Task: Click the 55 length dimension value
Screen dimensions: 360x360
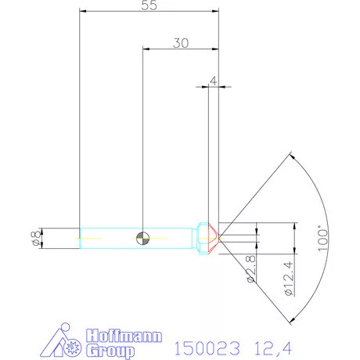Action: (149, 5)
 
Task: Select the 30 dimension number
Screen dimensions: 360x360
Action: (180, 44)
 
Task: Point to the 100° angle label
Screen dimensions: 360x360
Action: (318, 237)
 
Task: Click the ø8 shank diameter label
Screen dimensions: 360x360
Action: (34, 238)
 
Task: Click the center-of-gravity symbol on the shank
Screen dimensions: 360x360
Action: (142, 237)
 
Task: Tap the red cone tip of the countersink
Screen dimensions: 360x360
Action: (214, 237)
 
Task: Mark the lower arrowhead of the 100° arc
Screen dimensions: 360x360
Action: (292, 319)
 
